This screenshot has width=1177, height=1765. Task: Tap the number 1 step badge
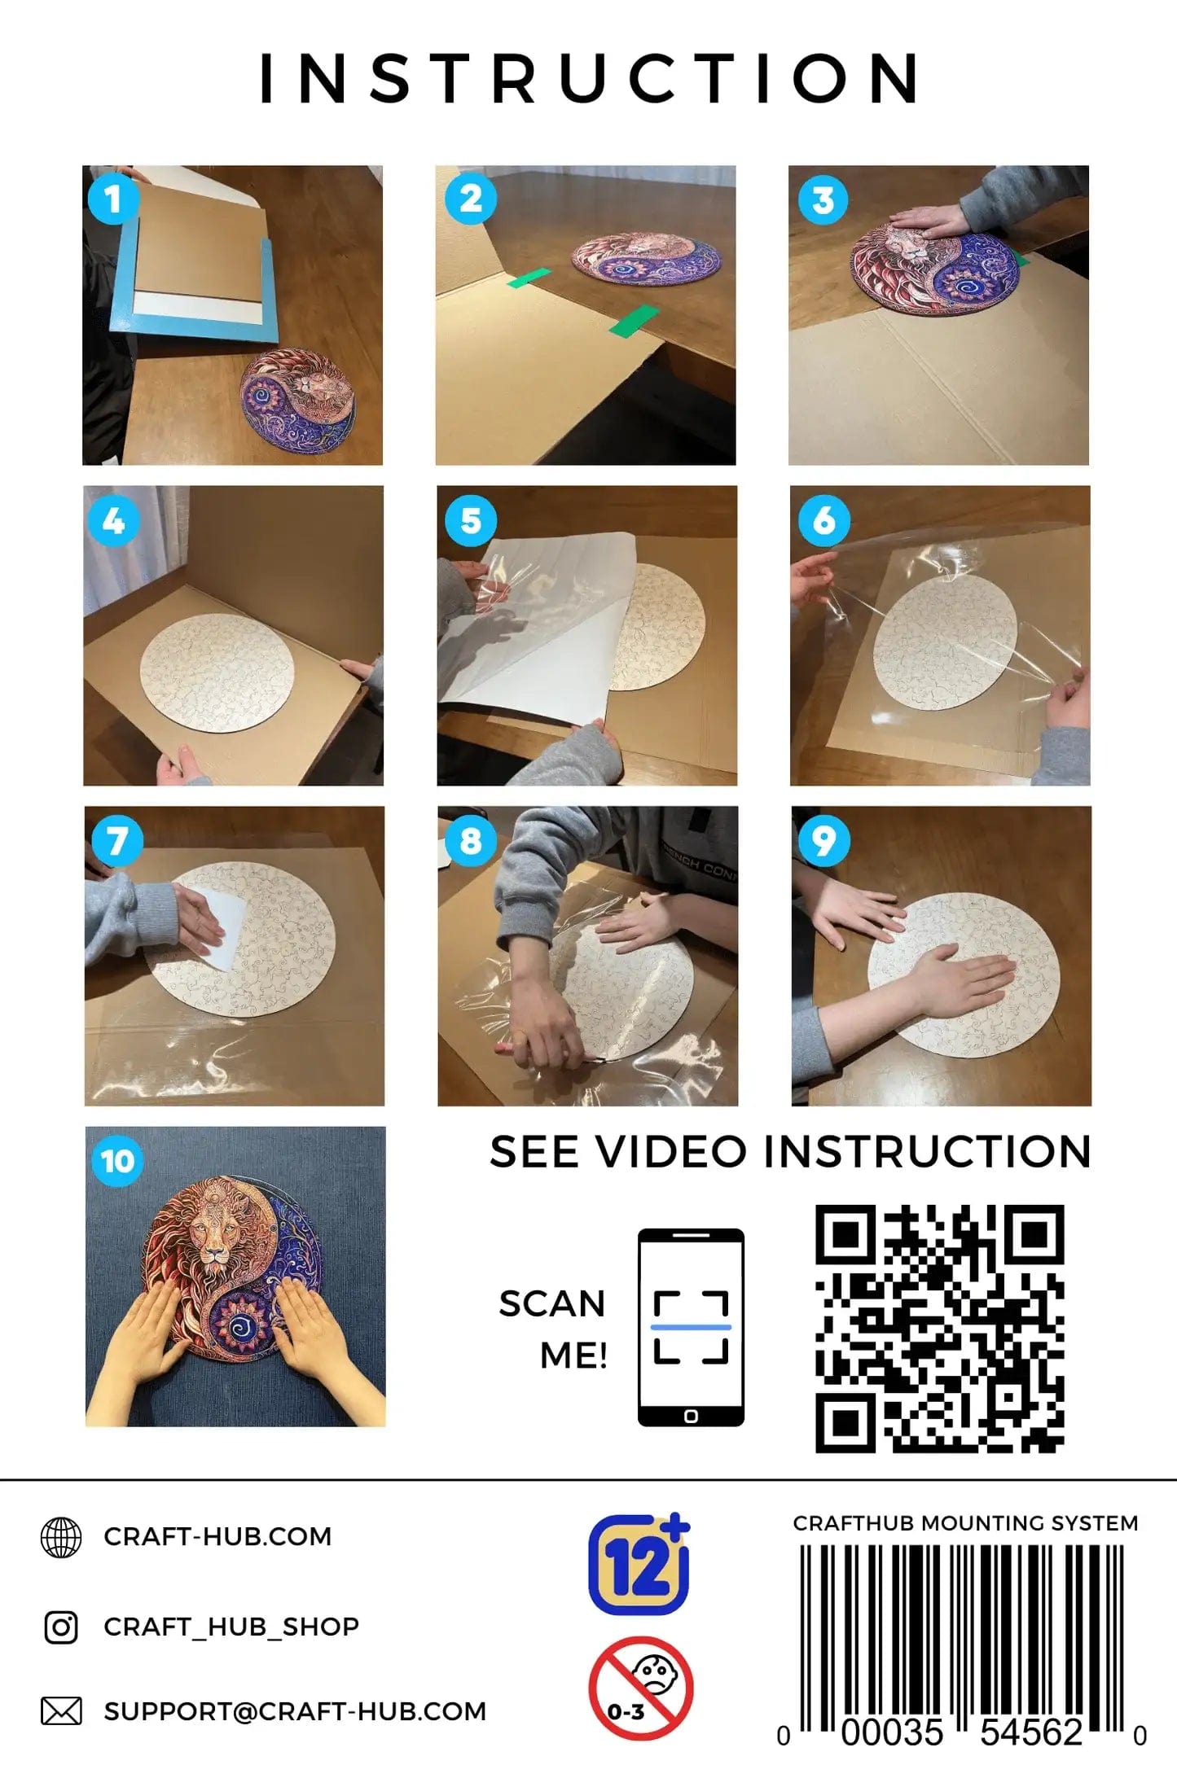(x=113, y=199)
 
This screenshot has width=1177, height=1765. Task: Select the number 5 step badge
(x=471, y=520)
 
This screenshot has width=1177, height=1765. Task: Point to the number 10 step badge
(x=117, y=1160)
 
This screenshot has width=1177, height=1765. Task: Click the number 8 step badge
(x=471, y=840)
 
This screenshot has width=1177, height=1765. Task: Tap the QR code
(x=940, y=1329)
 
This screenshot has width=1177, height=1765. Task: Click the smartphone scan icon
(x=691, y=1328)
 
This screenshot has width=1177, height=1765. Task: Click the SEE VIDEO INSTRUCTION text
(x=790, y=1152)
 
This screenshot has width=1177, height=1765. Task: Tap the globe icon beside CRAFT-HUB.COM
(x=61, y=1537)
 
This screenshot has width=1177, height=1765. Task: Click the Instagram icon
(x=61, y=1627)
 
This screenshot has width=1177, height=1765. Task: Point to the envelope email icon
(x=61, y=1710)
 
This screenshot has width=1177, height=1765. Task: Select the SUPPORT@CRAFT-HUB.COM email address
(x=295, y=1711)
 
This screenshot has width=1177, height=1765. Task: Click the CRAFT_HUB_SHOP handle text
(x=231, y=1627)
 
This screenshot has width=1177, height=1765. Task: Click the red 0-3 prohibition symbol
(x=640, y=1688)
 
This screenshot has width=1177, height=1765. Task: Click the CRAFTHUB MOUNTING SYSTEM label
(x=965, y=1523)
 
